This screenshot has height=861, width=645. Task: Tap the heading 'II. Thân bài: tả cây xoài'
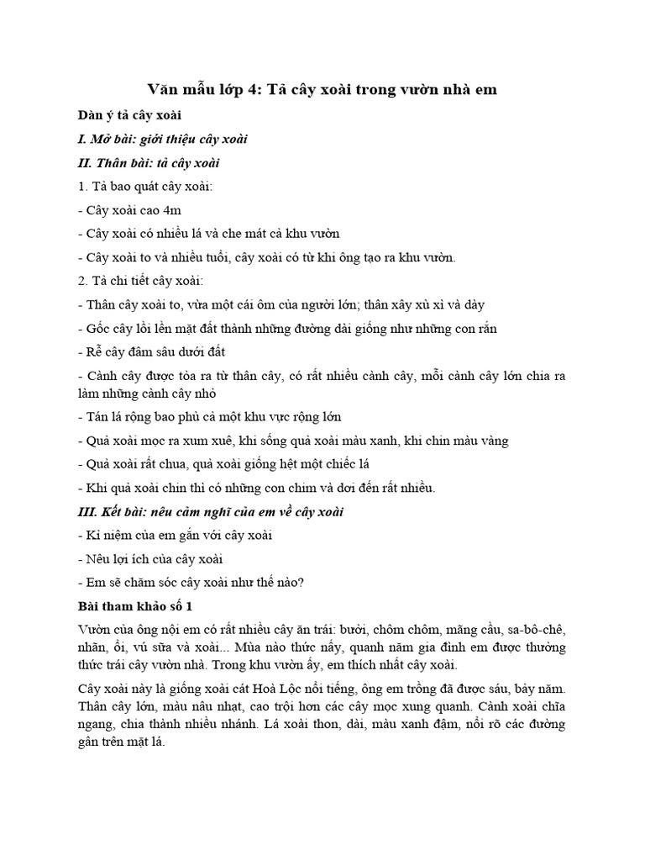click(x=149, y=162)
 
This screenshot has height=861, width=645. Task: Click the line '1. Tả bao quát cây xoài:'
click(x=145, y=186)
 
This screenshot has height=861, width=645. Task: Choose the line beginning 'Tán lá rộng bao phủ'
click(x=209, y=416)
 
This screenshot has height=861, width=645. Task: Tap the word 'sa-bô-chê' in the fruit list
click(x=537, y=630)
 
